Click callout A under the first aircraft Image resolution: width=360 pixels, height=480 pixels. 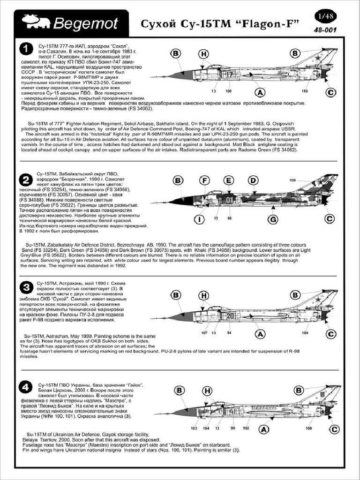click(x=258, y=92)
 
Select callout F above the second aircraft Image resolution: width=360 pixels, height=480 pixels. click(x=204, y=180)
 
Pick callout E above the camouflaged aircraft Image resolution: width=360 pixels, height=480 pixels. click(x=228, y=180)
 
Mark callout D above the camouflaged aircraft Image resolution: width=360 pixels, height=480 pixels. click(x=253, y=180)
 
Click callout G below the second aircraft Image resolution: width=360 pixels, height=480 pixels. click(x=273, y=219)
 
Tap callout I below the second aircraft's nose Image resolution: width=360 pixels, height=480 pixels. click(x=200, y=219)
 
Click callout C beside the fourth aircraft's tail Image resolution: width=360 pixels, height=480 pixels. click(x=333, y=429)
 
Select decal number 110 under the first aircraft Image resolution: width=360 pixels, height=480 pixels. click(x=305, y=91)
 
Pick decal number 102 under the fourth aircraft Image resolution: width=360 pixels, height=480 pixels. click(x=246, y=428)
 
